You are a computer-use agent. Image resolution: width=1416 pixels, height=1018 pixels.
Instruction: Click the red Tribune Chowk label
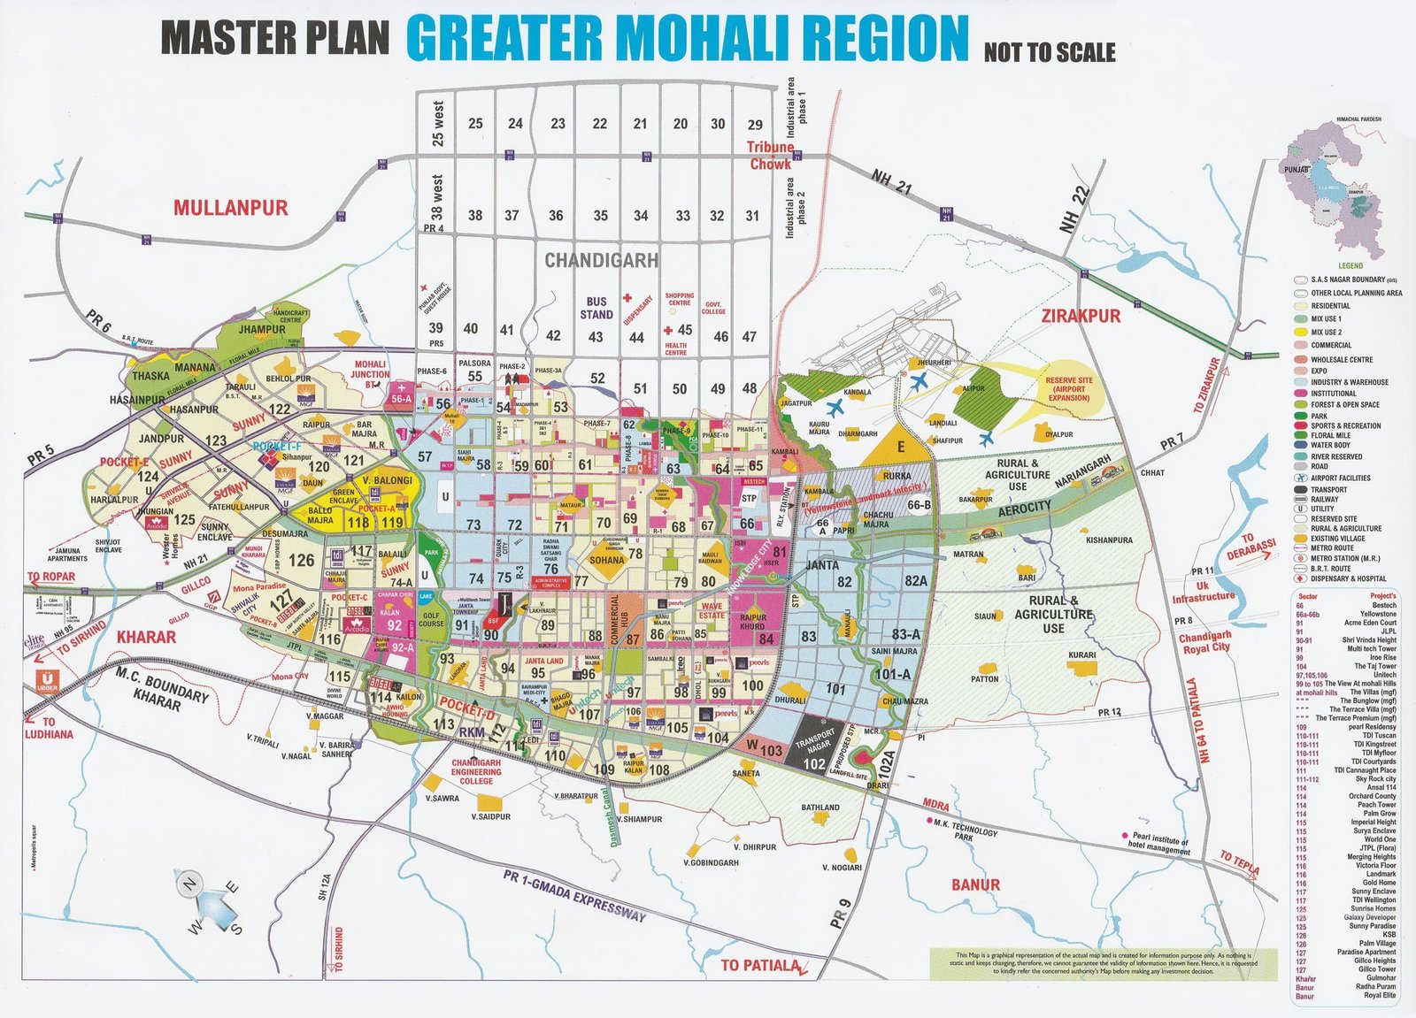771,156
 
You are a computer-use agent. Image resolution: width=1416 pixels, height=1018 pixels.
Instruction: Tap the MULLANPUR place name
230,209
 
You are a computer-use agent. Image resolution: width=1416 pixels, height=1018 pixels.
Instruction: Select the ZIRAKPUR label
1081,316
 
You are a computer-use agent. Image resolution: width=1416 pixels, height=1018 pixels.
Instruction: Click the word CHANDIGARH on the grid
601,260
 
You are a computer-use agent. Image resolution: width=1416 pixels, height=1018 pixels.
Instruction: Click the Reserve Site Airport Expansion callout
1069,388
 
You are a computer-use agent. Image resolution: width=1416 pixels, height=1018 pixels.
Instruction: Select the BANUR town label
975,884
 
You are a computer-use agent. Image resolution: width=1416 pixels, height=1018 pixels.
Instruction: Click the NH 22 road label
1074,210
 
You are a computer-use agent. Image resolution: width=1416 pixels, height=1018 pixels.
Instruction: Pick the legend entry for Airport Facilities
1340,478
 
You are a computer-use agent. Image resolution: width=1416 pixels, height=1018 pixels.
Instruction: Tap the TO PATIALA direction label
759,965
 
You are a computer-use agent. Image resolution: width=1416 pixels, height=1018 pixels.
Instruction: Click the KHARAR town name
147,636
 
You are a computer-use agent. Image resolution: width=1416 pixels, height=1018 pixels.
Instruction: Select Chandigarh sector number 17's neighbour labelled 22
599,124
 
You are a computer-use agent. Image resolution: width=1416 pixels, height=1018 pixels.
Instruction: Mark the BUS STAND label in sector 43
596,308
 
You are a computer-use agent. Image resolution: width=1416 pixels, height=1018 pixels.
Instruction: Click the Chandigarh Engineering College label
476,771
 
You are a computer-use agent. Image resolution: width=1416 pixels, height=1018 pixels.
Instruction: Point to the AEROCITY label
1025,507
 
